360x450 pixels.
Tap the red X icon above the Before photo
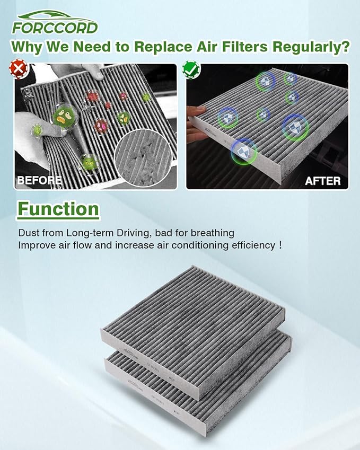pos(19,68)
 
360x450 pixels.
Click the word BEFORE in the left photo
pos(39,180)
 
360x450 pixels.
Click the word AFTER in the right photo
pos(322,181)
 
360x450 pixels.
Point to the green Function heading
pos(58,209)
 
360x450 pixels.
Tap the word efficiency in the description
pos(247,245)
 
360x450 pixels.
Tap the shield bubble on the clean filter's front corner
pos(243,151)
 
